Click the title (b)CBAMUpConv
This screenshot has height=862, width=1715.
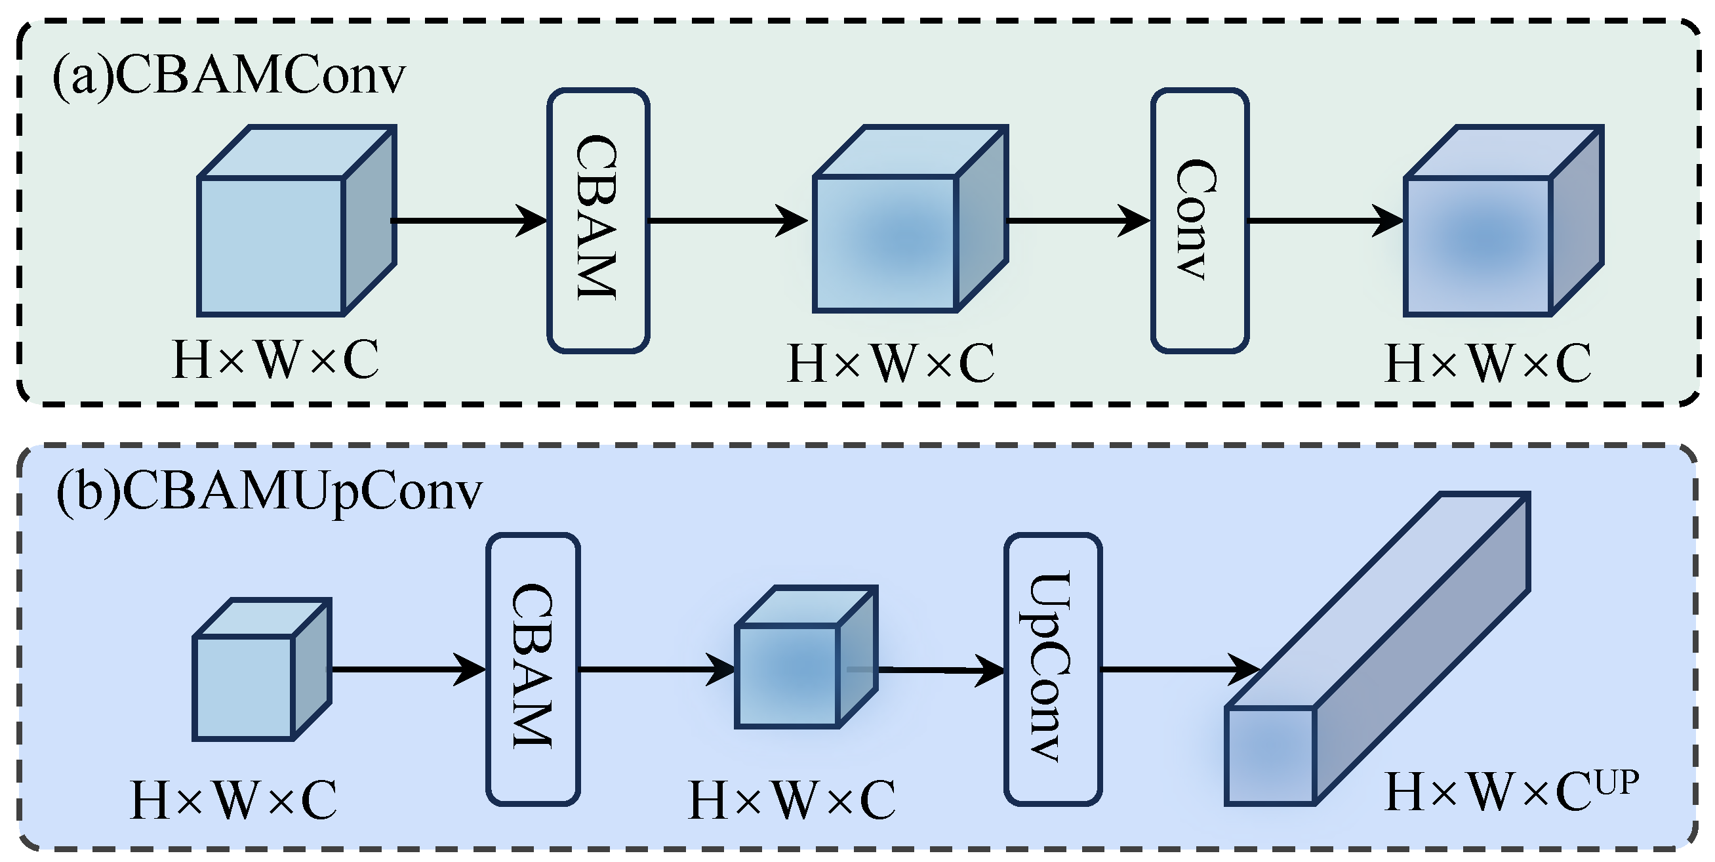click(268, 492)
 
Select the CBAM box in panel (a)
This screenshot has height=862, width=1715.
click(598, 220)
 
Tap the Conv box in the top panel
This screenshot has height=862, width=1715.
click(1199, 220)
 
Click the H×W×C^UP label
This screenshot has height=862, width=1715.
click(1511, 792)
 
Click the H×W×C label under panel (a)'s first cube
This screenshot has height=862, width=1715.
click(275, 360)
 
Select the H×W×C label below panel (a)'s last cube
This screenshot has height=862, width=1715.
click(1489, 363)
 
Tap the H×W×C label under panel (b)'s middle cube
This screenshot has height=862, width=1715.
click(792, 800)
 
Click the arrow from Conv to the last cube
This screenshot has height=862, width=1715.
click(1325, 220)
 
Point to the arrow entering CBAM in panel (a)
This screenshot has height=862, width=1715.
click(470, 220)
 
